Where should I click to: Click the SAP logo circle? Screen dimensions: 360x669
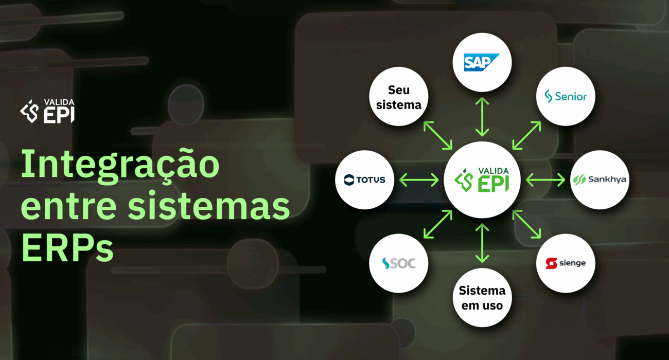482,63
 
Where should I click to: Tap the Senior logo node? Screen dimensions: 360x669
566,96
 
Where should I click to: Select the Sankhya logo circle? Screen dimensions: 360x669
600,180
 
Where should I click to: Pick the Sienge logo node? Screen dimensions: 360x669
566,263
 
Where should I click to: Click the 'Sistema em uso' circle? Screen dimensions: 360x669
482,298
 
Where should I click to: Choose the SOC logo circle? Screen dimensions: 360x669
399,263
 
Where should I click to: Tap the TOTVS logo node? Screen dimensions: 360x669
365,180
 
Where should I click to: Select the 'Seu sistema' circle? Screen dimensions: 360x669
399,96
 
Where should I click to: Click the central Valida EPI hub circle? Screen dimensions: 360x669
482,180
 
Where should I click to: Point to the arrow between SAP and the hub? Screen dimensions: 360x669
482,117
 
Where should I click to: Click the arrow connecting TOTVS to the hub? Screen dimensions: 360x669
418,180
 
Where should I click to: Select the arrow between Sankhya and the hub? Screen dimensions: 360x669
545,180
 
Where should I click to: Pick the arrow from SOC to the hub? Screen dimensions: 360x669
438,225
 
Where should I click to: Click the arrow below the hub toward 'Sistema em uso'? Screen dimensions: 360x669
482,243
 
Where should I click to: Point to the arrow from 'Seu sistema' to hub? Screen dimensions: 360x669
438,136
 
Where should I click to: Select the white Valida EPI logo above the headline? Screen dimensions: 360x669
47,111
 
